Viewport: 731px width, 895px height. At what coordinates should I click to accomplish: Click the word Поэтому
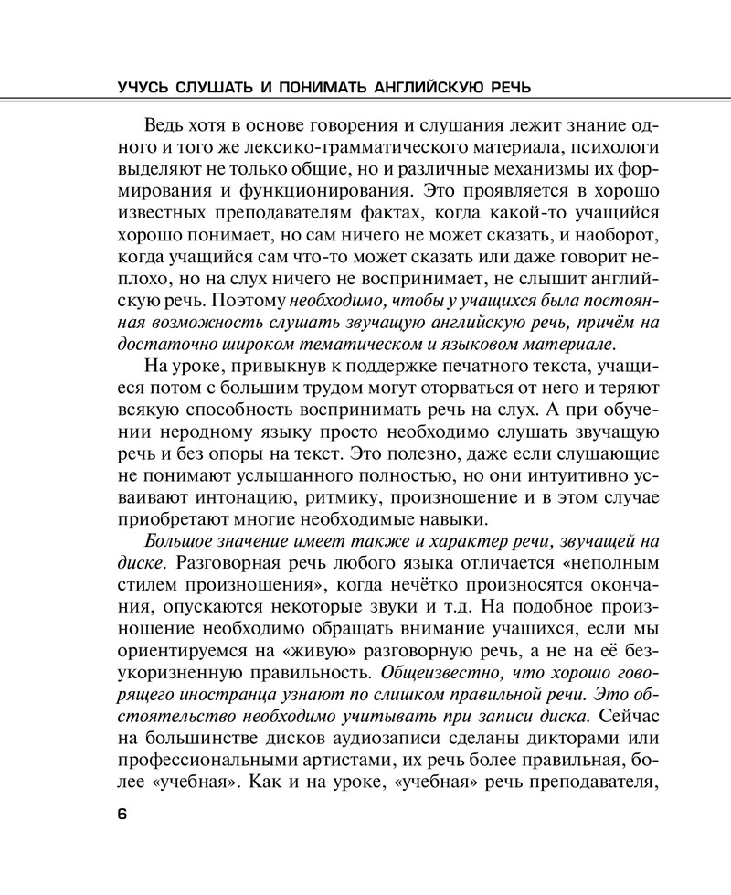point(250,298)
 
